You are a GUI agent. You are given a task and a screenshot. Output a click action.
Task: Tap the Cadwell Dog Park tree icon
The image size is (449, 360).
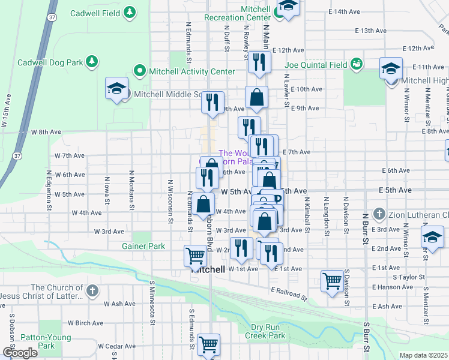coord(92,62)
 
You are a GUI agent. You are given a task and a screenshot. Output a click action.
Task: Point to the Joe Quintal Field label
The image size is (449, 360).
coord(317,65)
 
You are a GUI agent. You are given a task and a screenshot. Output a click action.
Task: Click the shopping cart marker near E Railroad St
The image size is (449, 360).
coord(332,280)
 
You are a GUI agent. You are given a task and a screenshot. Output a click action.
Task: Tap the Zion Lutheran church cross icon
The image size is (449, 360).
coord(379,214)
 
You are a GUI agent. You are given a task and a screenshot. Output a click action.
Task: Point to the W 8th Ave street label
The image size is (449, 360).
coord(46,131)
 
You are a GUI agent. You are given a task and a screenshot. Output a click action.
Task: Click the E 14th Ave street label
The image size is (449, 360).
coord(343,11)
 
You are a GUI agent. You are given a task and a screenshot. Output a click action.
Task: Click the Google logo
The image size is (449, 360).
coord(20,353)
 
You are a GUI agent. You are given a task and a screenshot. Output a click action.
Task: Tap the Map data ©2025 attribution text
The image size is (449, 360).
coord(423,355)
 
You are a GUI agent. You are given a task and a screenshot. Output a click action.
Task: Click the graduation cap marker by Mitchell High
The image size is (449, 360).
coord(391,68)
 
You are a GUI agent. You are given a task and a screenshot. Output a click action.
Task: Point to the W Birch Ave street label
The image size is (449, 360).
coord(82,322)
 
